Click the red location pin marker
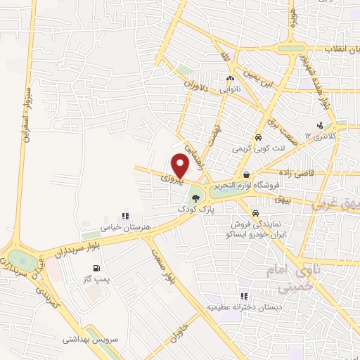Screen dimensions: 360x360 181,165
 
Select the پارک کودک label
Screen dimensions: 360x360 194,210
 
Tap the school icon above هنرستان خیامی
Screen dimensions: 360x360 125,216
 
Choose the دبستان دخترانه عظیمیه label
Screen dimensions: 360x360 243,308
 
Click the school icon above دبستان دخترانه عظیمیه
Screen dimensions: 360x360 244,297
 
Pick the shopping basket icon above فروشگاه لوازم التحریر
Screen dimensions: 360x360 245,174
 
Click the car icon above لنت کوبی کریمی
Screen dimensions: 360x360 259,138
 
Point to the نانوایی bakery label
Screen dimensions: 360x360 230,89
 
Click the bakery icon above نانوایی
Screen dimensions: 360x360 230,79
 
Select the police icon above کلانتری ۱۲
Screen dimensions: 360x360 319,125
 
